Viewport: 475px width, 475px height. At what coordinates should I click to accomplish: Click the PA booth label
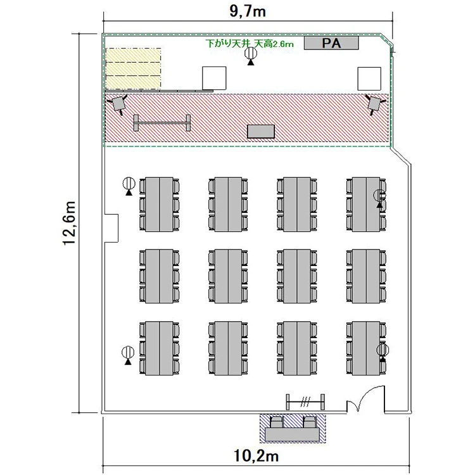point(331,43)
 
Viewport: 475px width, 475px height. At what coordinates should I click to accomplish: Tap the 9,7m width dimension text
point(248,11)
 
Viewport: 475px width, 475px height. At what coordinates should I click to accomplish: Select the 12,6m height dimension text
point(70,223)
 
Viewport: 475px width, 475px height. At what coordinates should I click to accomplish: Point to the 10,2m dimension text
point(256,455)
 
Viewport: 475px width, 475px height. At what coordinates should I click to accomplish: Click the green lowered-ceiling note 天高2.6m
point(274,44)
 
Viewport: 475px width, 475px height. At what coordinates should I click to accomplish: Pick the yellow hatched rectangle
point(133,68)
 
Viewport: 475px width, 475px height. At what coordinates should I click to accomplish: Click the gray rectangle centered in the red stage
point(261,132)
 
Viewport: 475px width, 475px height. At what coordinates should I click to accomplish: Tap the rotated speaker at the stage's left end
point(118,104)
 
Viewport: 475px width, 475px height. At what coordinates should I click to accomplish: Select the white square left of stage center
point(214,78)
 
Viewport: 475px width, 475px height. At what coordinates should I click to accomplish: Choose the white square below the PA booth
point(369,79)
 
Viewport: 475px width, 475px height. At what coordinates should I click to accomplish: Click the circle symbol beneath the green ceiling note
point(251,53)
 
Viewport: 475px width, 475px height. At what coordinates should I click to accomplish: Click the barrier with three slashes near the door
point(305,402)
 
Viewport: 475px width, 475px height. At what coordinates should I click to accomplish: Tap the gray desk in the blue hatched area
point(293,434)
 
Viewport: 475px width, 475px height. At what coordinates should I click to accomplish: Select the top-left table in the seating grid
point(160,205)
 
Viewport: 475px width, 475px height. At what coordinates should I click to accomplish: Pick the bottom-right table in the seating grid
point(366,348)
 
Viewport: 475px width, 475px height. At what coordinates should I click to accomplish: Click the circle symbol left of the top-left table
point(129,183)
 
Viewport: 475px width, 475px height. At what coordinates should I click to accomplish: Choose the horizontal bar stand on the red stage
point(162,123)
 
